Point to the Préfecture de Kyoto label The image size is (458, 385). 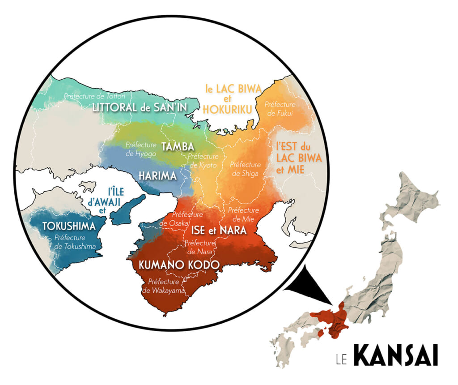[x=204, y=161]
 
